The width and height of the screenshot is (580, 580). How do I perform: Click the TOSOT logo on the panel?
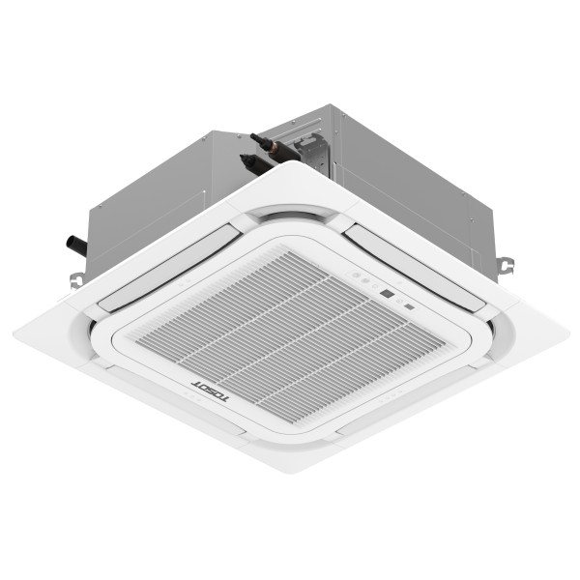tap(195, 391)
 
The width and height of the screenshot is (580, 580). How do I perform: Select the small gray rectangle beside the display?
tap(409, 307)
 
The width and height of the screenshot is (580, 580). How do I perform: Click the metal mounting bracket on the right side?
tap(505, 264)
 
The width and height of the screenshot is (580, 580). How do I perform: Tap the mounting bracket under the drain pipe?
tap(76, 278)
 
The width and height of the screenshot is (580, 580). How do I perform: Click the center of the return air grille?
tap(280, 333)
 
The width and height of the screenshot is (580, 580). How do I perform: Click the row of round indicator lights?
tap(362, 279)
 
